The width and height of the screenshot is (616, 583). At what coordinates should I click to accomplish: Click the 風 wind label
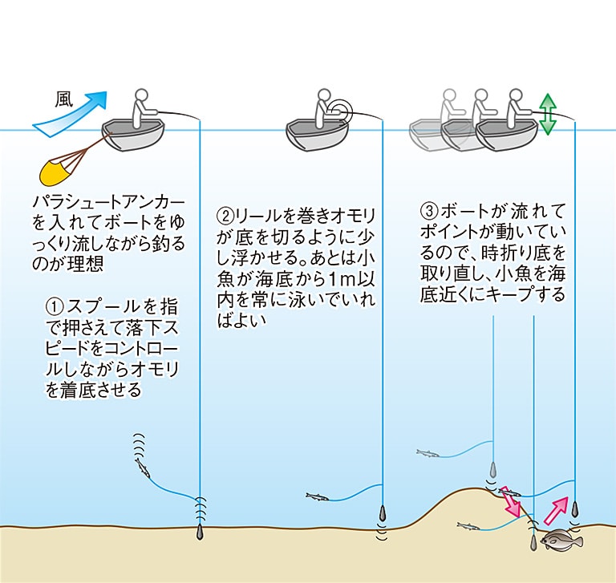click(x=63, y=99)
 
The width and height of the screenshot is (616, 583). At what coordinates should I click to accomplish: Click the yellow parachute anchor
click(x=56, y=170)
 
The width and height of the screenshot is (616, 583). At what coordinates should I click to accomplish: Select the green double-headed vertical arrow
click(x=547, y=114)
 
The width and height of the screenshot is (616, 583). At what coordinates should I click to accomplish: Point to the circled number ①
click(x=55, y=307)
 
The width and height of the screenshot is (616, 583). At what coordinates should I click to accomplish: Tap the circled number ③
click(x=428, y=213)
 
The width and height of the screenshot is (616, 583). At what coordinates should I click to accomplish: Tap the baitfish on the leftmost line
click(x=142, y=468)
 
